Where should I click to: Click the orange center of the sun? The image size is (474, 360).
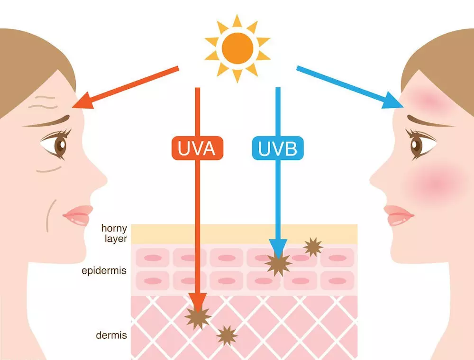pos(237,48)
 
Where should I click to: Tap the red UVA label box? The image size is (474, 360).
pos(197,148)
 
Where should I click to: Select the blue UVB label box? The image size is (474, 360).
pos(278,148)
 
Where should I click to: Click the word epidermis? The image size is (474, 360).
pos(104,270)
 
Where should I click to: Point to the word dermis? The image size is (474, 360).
pos(111,335)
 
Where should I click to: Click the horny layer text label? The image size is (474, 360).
pos(114,233)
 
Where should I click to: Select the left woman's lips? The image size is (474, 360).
pos(78,215)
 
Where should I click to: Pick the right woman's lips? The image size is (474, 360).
pos(399,215)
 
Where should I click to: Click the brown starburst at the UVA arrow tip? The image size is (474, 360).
pos(198,317)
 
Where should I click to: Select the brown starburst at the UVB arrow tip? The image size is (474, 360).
pos(278,264)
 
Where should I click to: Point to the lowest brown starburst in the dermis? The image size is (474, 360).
pos(227,335)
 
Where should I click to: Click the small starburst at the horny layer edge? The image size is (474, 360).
pos(313,247)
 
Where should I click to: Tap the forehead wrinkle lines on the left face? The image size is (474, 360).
pos(43,102)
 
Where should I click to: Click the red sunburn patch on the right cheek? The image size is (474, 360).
pos(435,182)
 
